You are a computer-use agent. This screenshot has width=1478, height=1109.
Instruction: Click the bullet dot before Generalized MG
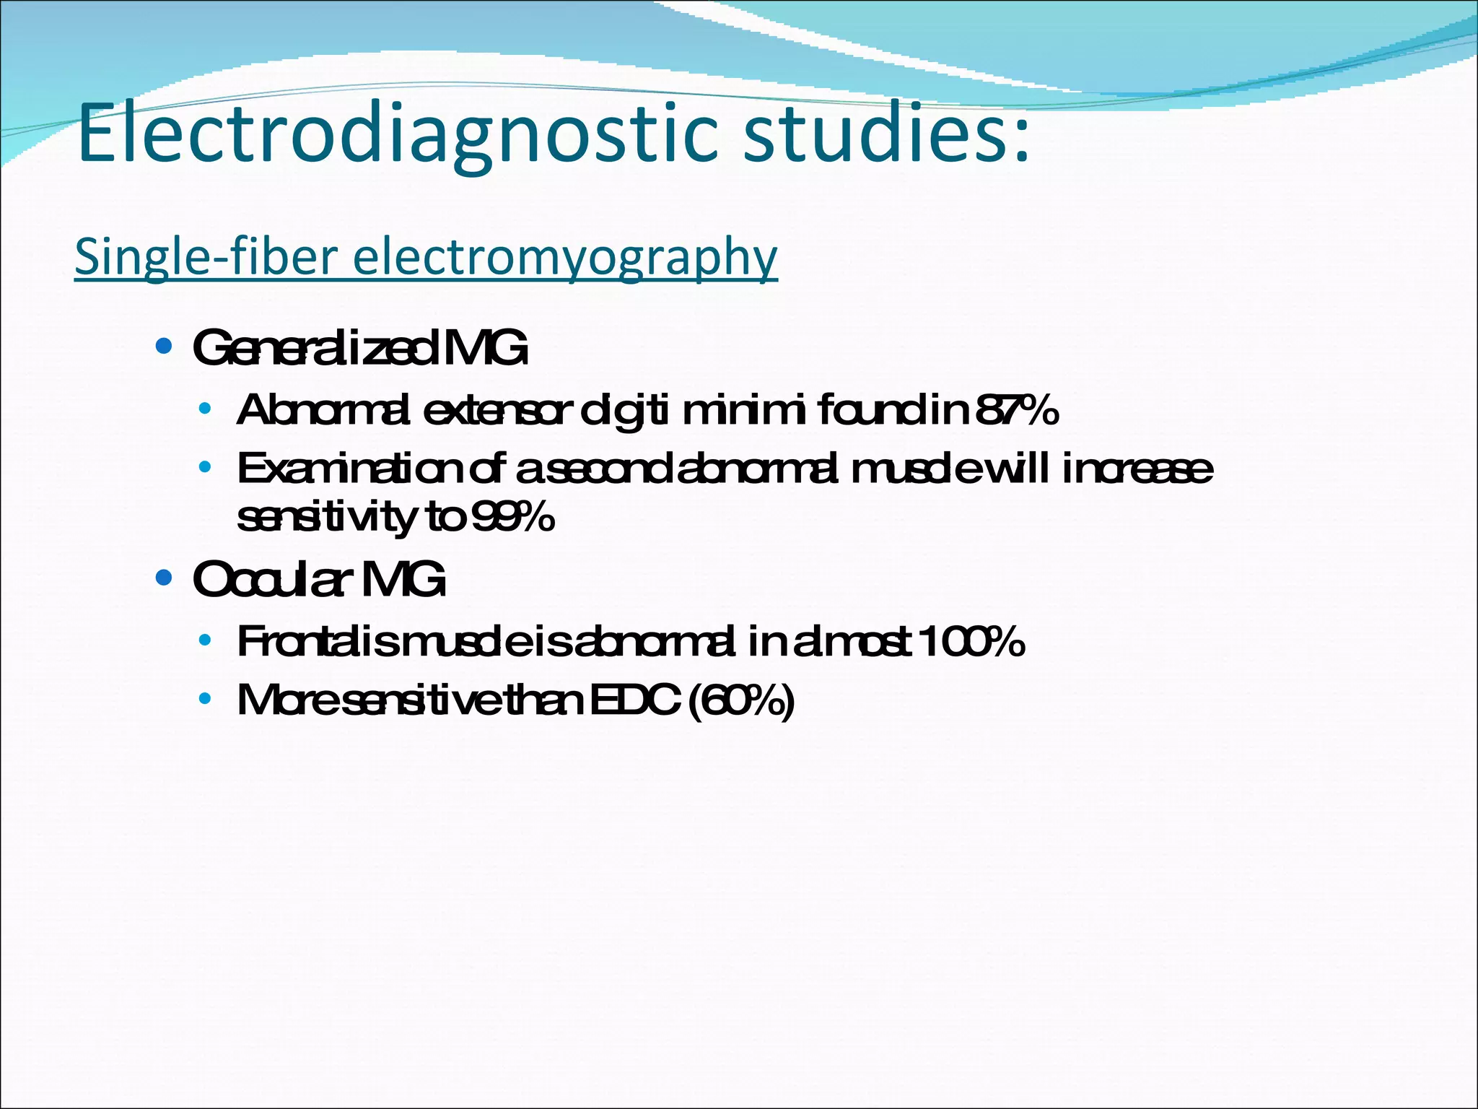coord(164,347)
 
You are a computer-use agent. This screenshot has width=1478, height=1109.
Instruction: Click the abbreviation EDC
coord(635,700)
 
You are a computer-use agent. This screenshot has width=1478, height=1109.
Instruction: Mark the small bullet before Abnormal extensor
coord(205,409)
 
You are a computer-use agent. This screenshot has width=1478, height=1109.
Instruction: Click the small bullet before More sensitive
coord(205,698)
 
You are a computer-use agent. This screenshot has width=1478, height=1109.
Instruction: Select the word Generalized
coord(315,348)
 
